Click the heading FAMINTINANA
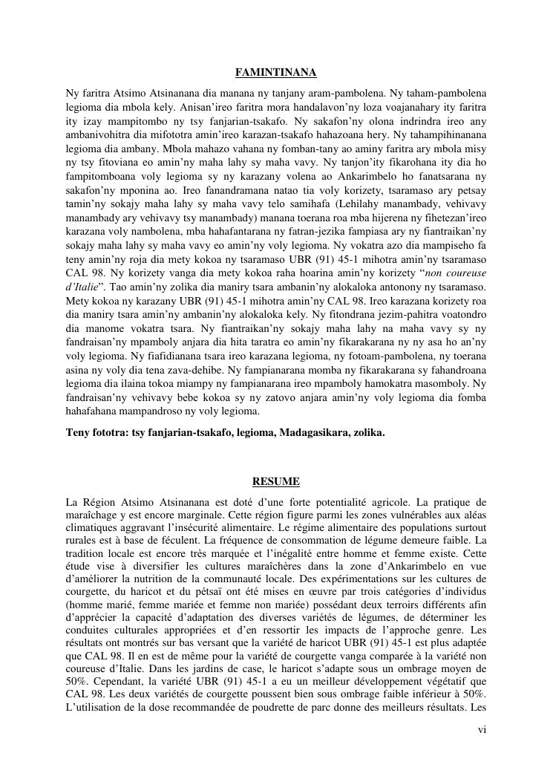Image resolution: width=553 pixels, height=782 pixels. tap(276, 73)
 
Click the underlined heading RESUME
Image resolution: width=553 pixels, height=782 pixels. tap(276, 481)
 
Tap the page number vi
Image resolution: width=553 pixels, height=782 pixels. tap(482, 730)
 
